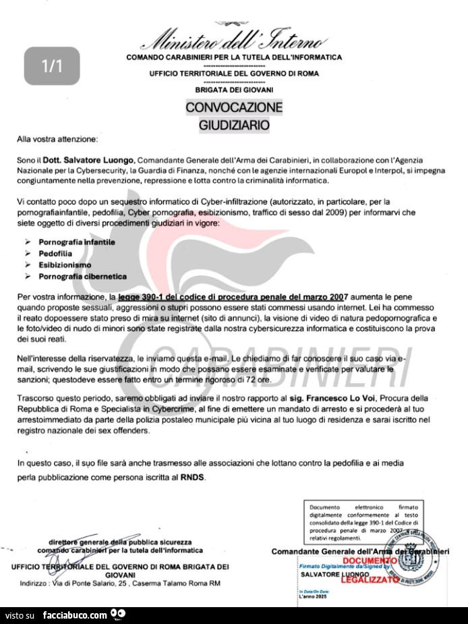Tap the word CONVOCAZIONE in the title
233,108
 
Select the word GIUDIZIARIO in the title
233,125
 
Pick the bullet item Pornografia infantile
77,242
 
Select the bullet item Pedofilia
55,253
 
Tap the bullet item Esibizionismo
65,264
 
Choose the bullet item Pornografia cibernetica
82,276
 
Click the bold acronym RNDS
192,477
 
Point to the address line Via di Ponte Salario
120,583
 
